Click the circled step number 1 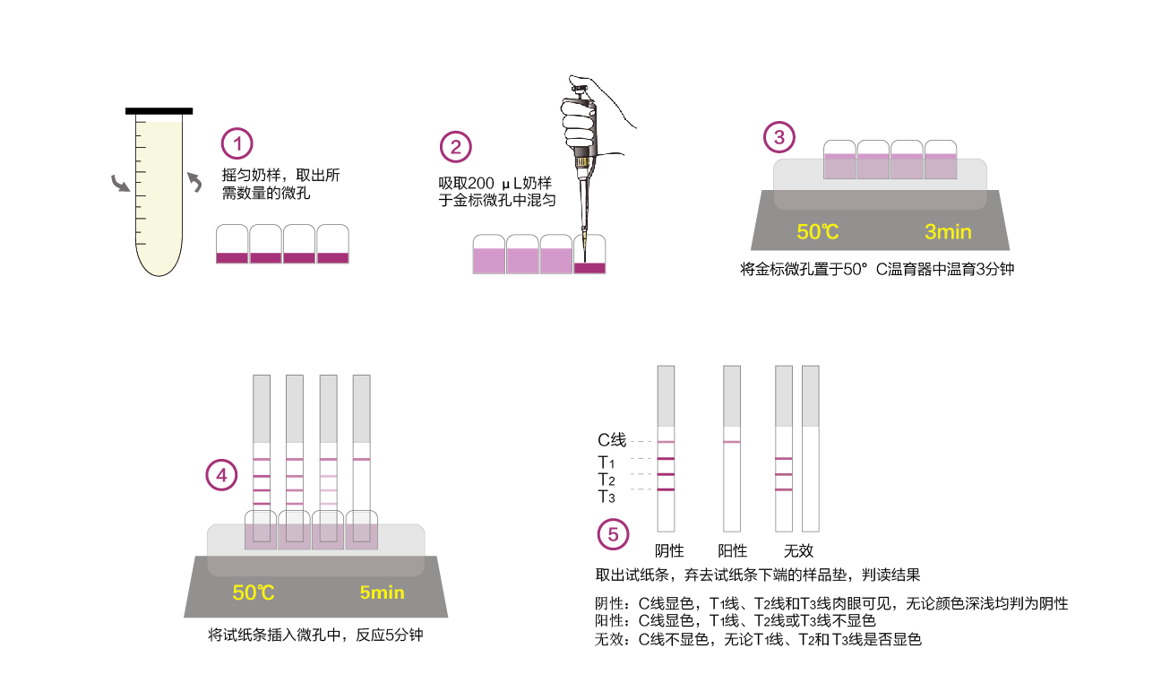pyautogui.click(x=237, y=143)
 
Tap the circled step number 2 pyautogui.click(x=455, y=147)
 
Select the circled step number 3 pyautogui.click(x=779, y=138)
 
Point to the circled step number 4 pyautogui.click(x=222, y=475)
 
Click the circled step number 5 pyautogui.click(x=613, y=535)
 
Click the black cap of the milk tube pyautogui.click(x=159, y=111)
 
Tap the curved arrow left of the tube pyautogui.click(x=119, y=184)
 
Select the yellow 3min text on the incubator pyautogui.click(x=948, y=232)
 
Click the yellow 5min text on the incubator pyautogui.click(x=382, y=592)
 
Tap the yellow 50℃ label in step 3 pyautogui.click(x=817, y=232)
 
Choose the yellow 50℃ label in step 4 pyautogui.click(x=254, y=592)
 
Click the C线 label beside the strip pyautogui.click(x=612, y=440)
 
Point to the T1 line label pyautogui.click(x=607, y=463)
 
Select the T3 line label pyautogui.click(x=607, y=496)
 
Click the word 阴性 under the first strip pyautogui.click(x=669, y=550)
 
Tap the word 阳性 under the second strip pyautogui.click(x=732, y=550)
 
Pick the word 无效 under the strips pyautogui.click(x=798, y=550)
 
